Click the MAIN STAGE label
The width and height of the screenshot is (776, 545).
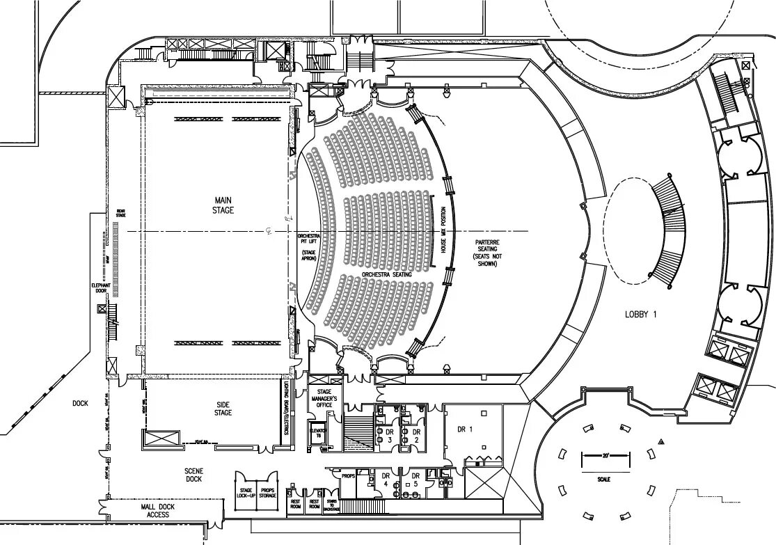pyautogui.click(x=223, y=205)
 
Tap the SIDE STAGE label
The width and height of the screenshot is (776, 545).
pyautogui.click(x=223, y=409)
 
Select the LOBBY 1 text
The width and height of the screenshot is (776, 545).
pyautogui.click(x=640, y=315)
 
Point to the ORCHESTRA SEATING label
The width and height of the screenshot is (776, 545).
pyautogui.click(x=387, y=275)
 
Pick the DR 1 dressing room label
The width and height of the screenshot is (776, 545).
pyautogui.click(x=466, y=429)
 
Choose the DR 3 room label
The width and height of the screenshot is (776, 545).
pyautogui.click(x=390, y=436)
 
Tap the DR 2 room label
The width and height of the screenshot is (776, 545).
pyautogui.click(x=416, y=436)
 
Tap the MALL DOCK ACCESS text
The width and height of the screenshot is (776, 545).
pyautogui.click(x=158, y=510)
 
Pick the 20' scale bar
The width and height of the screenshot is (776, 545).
pyautogui.click(x=605, y=456)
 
